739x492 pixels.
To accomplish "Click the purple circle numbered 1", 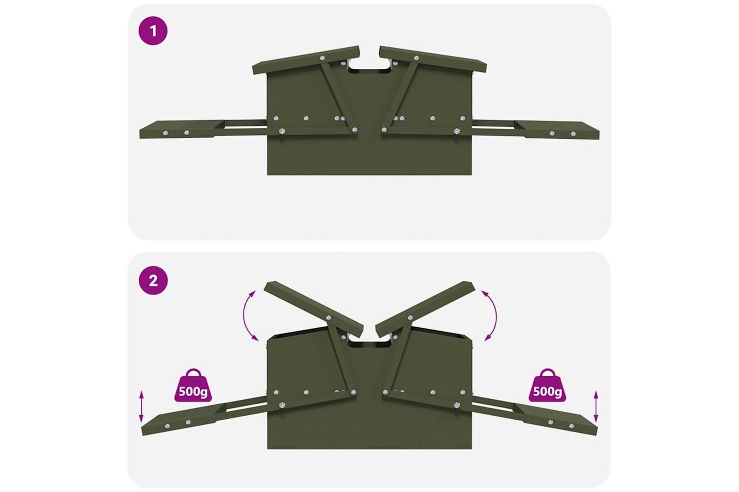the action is pos(153,31).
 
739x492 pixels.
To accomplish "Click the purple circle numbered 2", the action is pos(153,280).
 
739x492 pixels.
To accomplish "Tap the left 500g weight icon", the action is pos(193,385).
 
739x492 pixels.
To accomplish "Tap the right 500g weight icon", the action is pos(547,385).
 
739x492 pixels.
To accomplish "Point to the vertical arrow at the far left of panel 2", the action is pos(141,406).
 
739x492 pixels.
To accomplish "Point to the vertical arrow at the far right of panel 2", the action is pos(596,406).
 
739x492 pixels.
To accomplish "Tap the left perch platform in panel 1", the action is pos(182,129).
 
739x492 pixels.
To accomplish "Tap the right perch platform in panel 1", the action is pos(557,130).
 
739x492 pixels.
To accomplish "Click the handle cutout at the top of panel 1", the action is pos(369,65).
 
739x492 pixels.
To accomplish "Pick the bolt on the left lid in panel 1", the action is pos(322,58).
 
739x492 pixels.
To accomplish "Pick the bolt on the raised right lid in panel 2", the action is pos(410,318).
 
